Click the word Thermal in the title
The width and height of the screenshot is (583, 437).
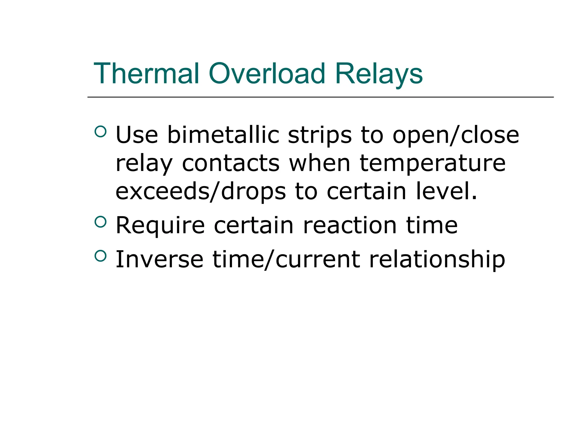pos(146,74)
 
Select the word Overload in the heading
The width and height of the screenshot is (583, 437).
pos(267,74)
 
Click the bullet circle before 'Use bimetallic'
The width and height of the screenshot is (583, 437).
pos(100,131)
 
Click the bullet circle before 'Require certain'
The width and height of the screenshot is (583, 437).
pos(100,222)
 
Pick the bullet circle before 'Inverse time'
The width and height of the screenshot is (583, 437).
pos(100,256)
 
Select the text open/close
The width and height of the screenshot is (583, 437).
pos(456,135)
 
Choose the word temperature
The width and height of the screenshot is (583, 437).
pos(433,164)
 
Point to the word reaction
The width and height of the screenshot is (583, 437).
pos(350,225)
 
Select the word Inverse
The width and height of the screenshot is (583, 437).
pos(159,259)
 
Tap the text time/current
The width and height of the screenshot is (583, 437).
pos(286,260)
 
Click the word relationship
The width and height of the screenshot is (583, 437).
pos(437,260)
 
